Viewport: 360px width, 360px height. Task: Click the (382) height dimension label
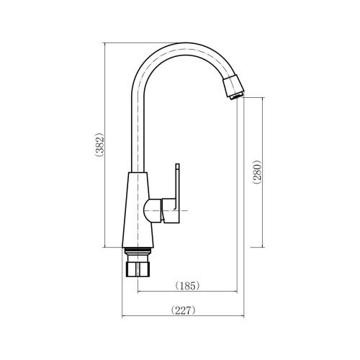[x=101, y=146]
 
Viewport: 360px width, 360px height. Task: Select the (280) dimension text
[x=257, y=173]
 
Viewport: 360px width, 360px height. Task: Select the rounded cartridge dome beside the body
[x=151, y=212]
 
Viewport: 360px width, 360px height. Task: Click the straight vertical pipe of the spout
[x=138, y=130]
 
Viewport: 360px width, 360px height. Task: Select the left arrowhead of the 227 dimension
[x=123, y=318]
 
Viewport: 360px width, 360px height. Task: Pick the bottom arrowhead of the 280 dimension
[x=263, y=244]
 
